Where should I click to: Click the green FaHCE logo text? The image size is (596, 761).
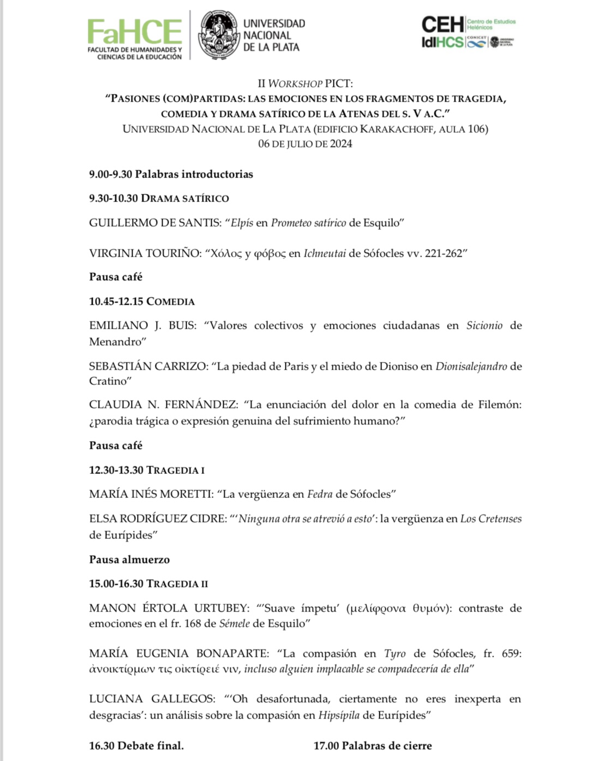pos(134,32)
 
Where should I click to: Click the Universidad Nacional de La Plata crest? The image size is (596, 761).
pos(219,35)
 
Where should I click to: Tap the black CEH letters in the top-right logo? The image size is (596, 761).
pos(442,24)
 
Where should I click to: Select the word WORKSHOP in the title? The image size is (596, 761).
pos(295,84)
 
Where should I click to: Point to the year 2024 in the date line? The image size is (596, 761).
pos(341,144)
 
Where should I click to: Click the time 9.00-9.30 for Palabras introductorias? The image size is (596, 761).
pos(111,175)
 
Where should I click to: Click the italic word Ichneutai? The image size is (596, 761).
pos(324,253)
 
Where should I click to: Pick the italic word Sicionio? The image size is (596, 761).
pos(484,325)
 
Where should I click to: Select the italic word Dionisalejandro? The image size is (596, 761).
pos(471,366)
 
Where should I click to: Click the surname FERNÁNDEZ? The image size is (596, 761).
pos(201,405)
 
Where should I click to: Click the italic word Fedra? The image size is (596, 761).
pos(320,494)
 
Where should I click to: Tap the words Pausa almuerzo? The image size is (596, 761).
pos(129,560)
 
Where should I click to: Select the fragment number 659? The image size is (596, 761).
pos(511,653)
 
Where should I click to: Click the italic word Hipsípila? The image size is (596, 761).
pos(339,715)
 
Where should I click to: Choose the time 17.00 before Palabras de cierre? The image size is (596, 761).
pos(326,746)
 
